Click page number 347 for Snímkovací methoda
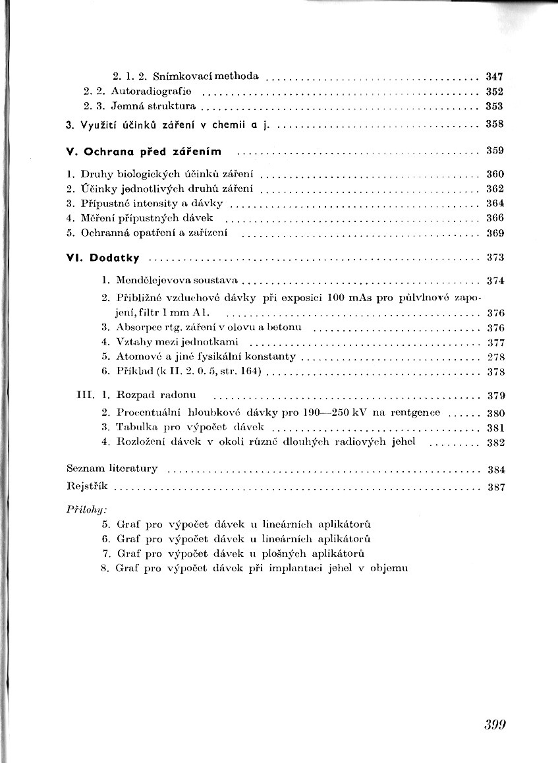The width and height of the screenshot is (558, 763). tap(494, 76)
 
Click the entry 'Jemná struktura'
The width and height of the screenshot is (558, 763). tap(153, 105)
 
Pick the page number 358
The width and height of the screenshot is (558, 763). tap(494, 123)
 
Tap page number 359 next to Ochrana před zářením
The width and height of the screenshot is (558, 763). tap(494, 151)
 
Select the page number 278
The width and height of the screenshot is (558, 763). tap(495, 357)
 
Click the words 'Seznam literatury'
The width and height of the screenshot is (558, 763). tap(113, 469)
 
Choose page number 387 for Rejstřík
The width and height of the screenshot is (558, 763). tap(495, 488)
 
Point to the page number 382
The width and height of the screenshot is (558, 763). tap(495, 443)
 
